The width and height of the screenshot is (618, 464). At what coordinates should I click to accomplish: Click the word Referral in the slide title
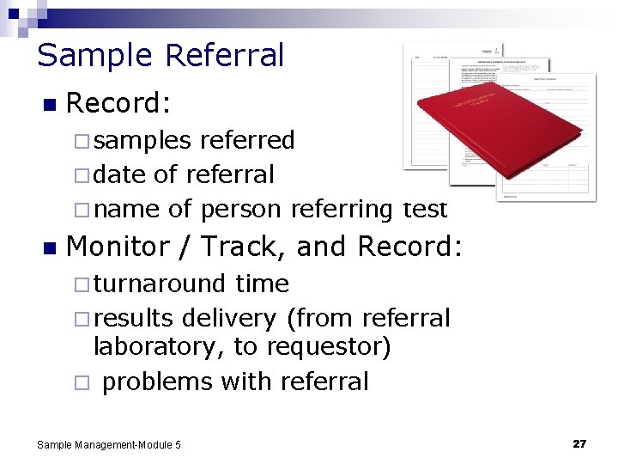click(224, 55)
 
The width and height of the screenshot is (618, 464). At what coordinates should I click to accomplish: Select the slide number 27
click(579, 444)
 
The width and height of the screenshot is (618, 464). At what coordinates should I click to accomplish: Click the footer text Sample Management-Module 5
click(109, 445)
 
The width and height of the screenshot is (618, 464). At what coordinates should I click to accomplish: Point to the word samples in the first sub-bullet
click(142, 140)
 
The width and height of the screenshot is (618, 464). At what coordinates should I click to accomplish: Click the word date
click(119, 174)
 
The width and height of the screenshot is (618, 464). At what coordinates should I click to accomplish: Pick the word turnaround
click(161, 284)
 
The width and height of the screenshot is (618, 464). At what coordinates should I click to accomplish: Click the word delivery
click(226, 318)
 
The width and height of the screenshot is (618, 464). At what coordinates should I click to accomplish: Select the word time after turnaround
click(262, 284)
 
